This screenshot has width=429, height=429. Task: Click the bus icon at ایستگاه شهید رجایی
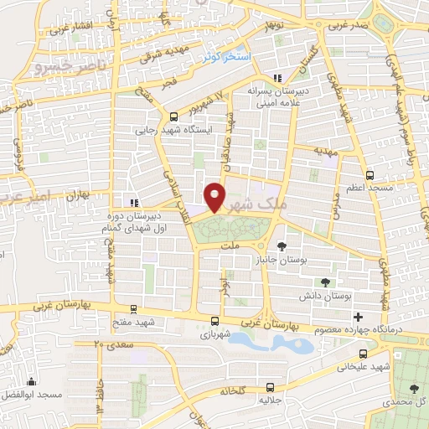click(x=173, y=118)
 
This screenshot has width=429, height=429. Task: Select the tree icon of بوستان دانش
click(x=326, y=283)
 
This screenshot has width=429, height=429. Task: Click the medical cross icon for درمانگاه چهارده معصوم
click(x=359, y=317)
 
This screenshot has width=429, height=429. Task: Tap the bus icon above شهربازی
click(x=215, y=320)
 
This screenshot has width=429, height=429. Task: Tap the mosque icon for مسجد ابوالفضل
click(x=32, y=381)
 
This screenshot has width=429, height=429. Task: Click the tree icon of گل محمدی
click(x=414, y=388)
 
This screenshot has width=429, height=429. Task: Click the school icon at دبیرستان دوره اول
click(x=133, y=202)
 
